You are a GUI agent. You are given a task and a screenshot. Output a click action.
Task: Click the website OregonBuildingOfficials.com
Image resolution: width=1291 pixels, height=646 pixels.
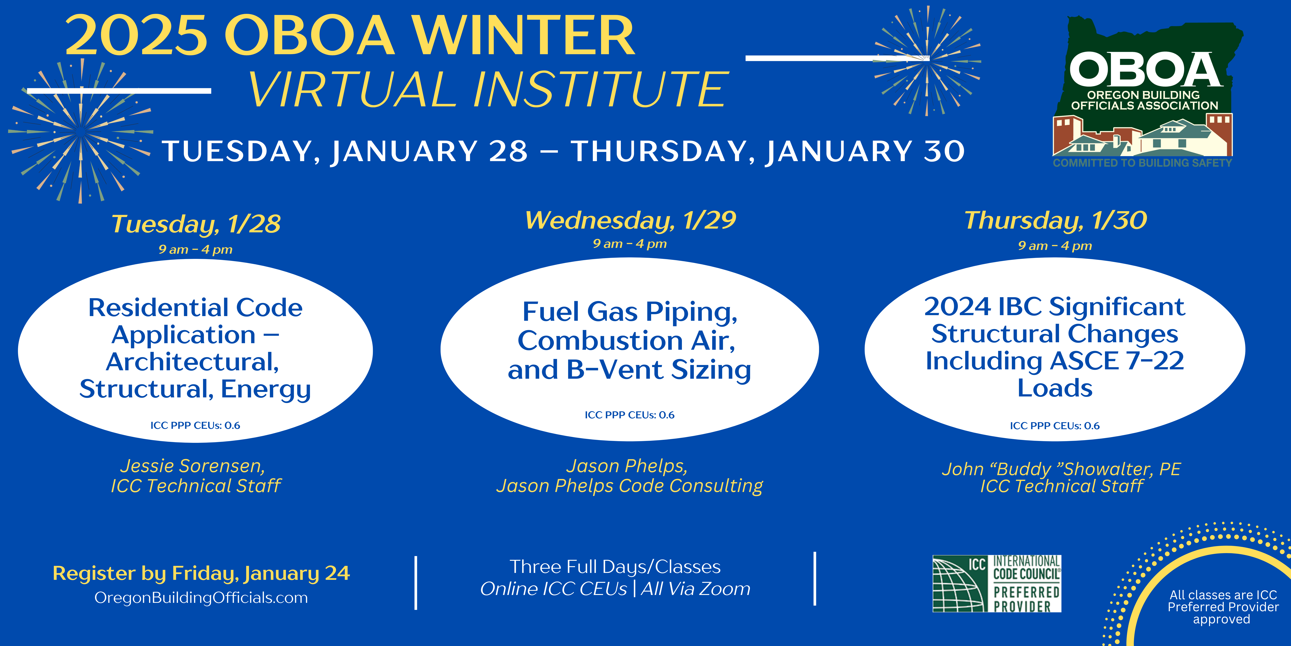click(201, 598)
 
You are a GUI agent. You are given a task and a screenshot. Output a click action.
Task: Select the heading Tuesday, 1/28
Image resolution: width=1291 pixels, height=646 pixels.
click(196, 224)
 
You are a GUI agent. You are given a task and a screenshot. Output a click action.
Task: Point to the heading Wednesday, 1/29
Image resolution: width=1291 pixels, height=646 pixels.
click(631, 220)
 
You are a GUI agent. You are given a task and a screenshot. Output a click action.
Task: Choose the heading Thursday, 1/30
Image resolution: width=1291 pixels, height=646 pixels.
click(1055, 220)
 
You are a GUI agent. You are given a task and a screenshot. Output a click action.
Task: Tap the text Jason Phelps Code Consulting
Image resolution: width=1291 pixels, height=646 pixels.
click(629, 486)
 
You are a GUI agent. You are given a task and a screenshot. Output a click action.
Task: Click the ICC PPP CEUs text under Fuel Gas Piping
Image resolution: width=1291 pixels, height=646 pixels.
click(629, 415)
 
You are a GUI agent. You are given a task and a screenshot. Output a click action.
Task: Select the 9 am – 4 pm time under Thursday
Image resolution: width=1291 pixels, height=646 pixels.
click(1055, 246)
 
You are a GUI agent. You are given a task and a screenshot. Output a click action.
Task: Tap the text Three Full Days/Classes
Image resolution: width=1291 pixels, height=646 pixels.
click(615, 567)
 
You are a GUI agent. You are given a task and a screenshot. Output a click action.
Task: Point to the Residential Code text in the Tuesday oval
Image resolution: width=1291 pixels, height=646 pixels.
click(195, 307)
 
